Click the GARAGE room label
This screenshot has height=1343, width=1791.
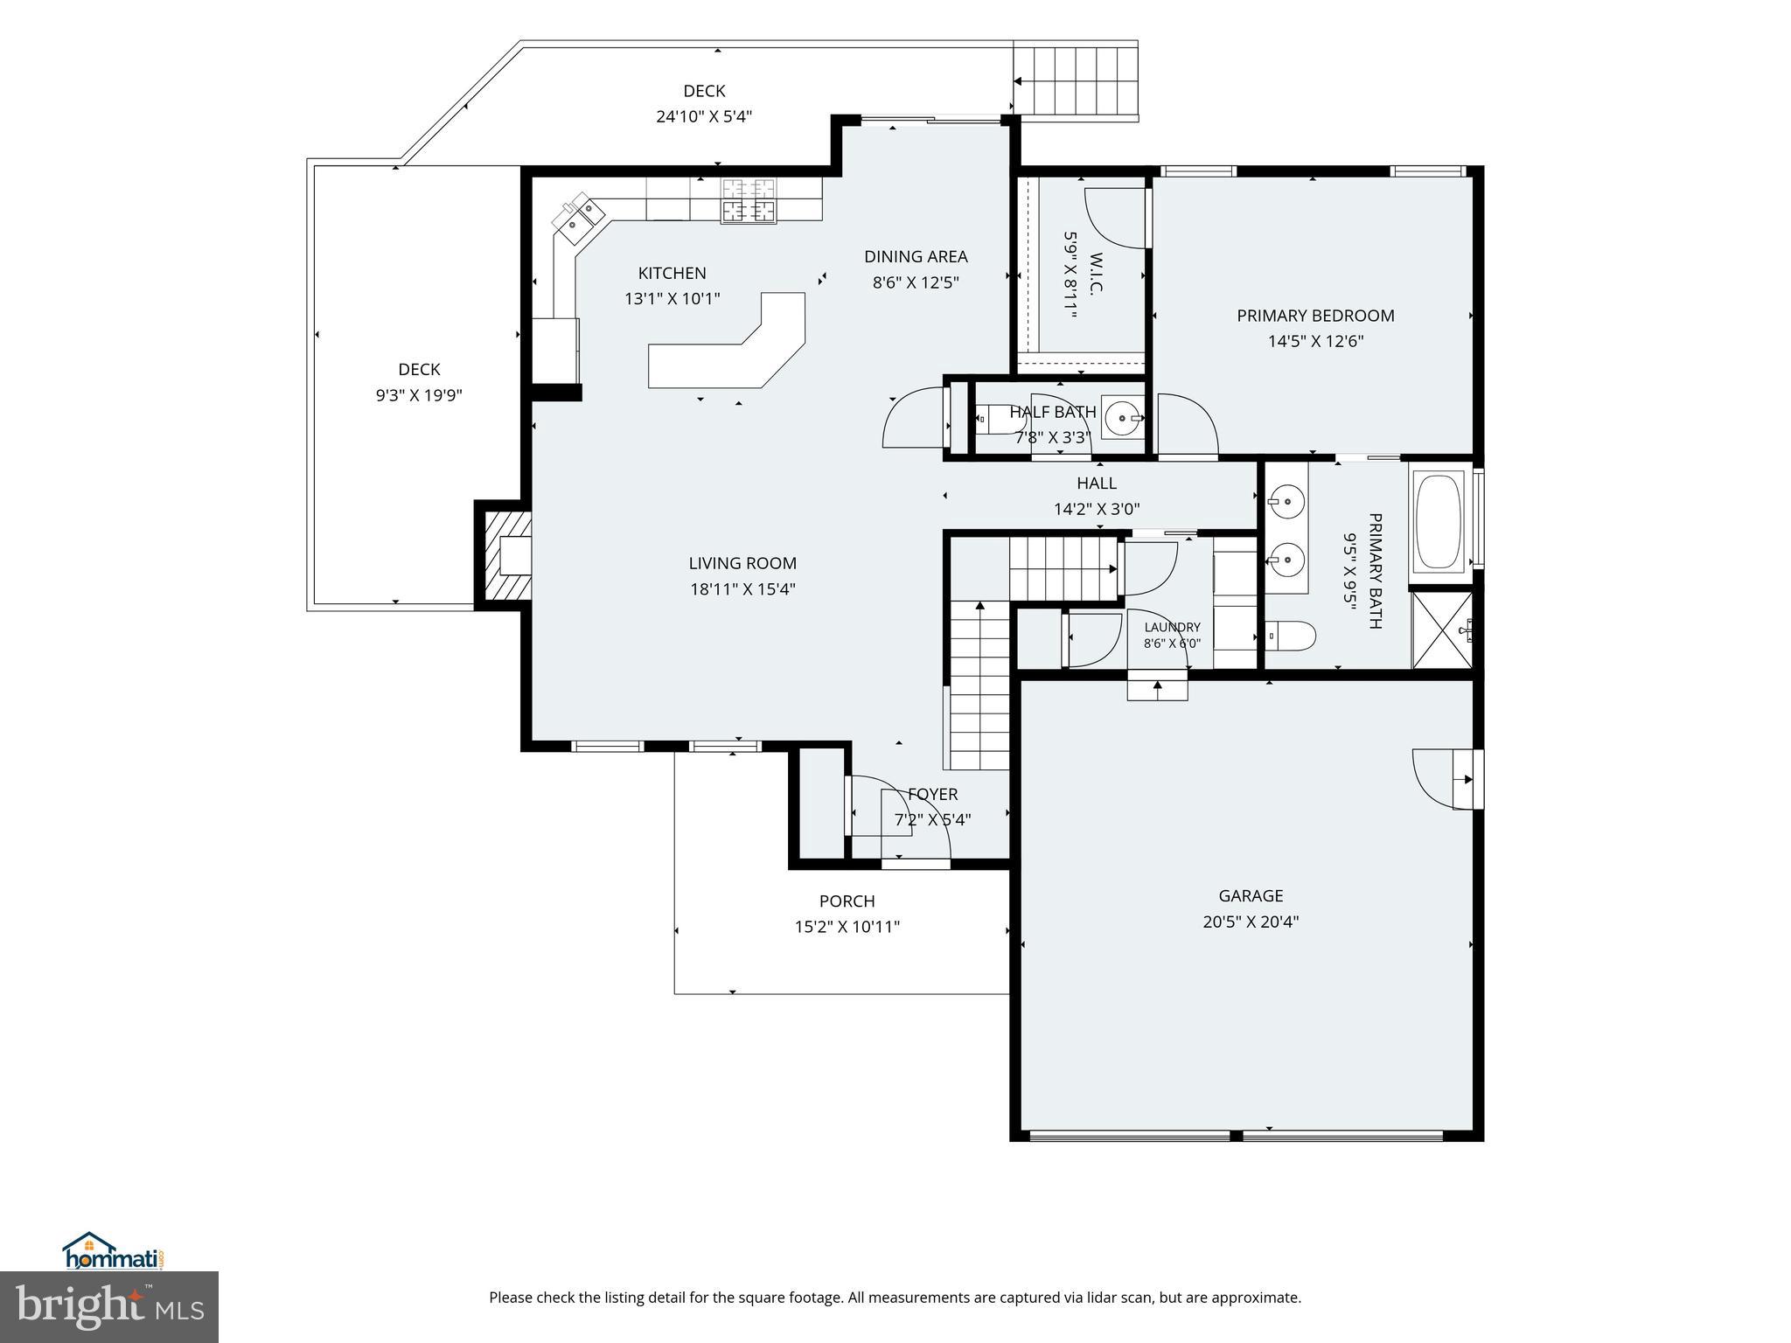pyautogui.click(x=1251, y=895)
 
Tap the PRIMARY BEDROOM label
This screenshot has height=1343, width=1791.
pyautogui.click(x=1315, y=316)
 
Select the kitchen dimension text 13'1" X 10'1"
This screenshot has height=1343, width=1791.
pyautogui.click(x=672, y=299)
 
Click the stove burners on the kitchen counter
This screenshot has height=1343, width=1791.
pyautogui.click(x=748, y=200)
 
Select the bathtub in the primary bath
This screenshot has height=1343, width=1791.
pyautogui.click(x=1439, y=522)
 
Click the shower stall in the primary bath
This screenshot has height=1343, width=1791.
pyautogui.click(x=1442, y=630)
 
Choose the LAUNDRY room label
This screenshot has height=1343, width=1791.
pyautogui.click(x=1172, y=627)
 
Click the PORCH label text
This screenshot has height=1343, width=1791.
pyautogui.click(x=847, y=901)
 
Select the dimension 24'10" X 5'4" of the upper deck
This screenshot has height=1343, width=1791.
pyautogui.click(x=704, y=116)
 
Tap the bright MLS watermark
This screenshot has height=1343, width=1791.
pyautogui.click(x=109, y=1307)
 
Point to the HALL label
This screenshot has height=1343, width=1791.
pyautogui.click(x=1097, y=483)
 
